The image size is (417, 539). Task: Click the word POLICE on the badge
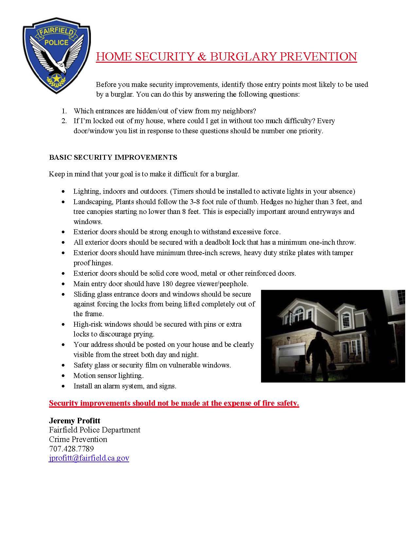[x=56, y=42]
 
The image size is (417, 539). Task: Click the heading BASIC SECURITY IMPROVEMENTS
[x=113, y=157]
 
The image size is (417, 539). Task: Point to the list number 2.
[x=64, y=121]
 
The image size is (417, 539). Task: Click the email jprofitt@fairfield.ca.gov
[x=89, y=458]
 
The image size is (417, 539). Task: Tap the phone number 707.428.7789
[x=71, y=449]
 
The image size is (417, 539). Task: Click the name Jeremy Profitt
[x=75, y=420]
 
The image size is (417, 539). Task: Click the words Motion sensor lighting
[x=109, y=375]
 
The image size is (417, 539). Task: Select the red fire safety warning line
[x=174, y=403]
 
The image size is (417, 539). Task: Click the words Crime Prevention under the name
[x=78, y=439]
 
